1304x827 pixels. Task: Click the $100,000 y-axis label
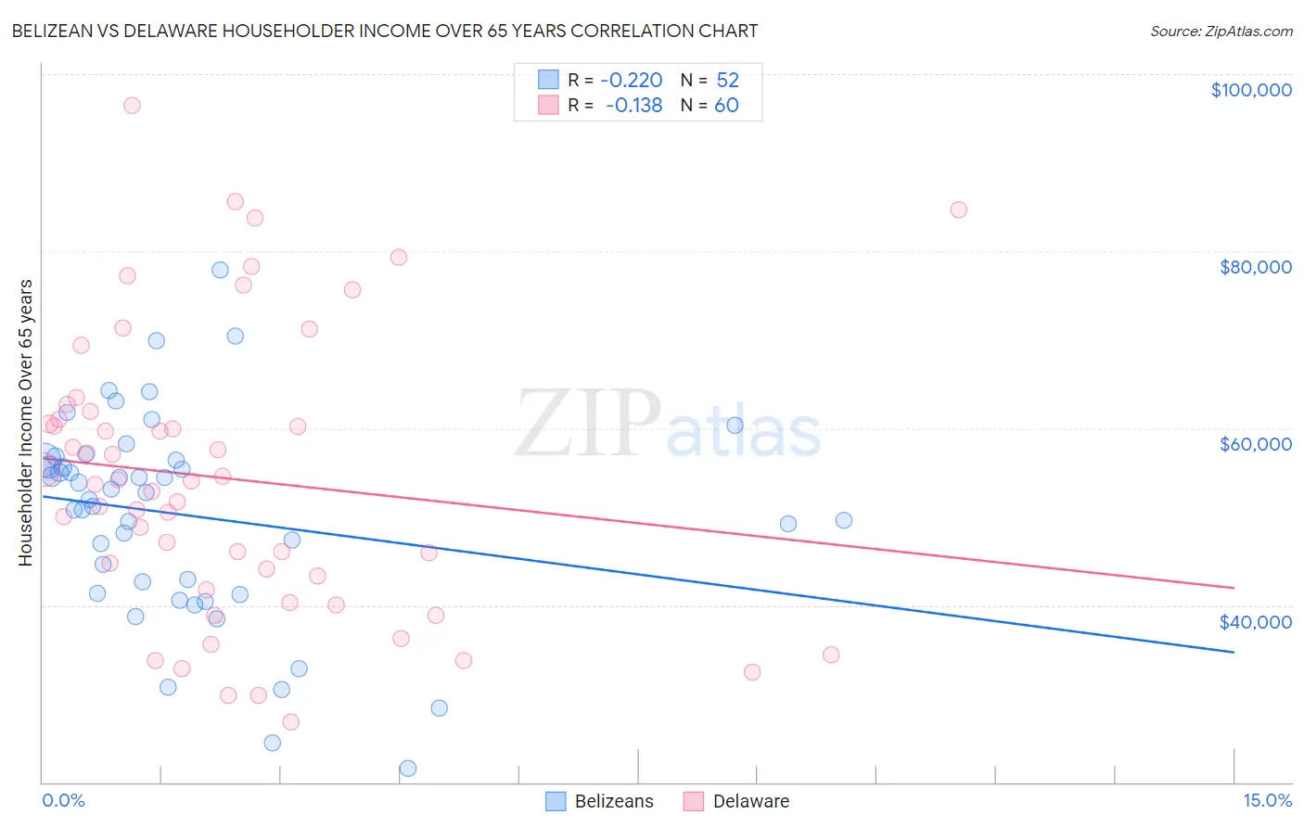click(x=1250, y=90)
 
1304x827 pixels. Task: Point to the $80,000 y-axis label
click(x=1255, y=267)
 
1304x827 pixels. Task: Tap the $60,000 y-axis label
click(x=1255, y=444)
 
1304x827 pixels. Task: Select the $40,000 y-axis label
click(x=1255, y=622)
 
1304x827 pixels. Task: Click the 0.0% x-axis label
click(x=63, y=801)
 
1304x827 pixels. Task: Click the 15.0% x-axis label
click(x=1267, y=801)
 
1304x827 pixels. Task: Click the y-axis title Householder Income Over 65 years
click(x=26, y=423)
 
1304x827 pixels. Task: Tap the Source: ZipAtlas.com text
click(x=1221, y=32)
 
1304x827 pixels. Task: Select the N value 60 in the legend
click(x=726, y=106)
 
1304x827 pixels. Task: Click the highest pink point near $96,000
click(x=132, y=106)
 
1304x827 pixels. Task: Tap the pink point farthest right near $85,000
click(x=958, y=210)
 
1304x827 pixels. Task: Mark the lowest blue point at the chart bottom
click(x=408, y=769)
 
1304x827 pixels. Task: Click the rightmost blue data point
click(x=843, y=520)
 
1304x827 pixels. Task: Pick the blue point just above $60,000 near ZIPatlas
click(x=735, y=426)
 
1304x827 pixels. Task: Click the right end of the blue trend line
click(x=1234, y=653)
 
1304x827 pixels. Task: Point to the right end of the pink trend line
click(x=1234, y=588)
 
